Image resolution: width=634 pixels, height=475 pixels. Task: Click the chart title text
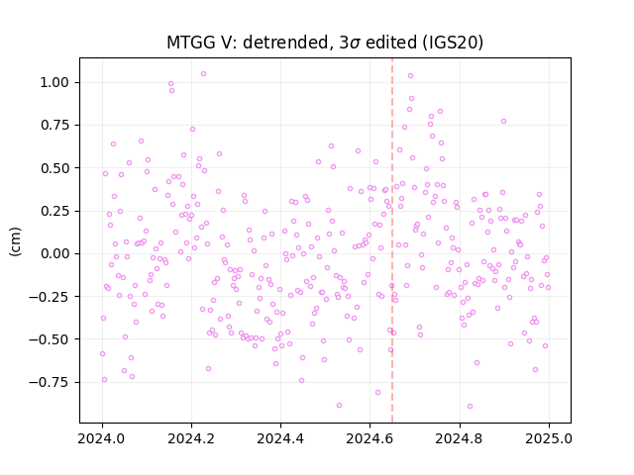coord(325,43)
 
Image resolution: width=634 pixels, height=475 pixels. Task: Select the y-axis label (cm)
coord(15,241)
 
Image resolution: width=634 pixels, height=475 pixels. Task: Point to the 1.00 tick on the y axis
coord(54,82)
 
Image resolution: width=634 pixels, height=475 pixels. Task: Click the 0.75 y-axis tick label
coord(54,126)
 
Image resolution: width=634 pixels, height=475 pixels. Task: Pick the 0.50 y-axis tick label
coord(54,168)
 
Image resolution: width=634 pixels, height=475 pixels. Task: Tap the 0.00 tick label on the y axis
coord(54,253)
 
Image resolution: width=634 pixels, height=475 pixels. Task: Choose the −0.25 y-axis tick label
coord(49,297)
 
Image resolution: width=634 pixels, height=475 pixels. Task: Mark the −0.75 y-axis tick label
coord(49,382)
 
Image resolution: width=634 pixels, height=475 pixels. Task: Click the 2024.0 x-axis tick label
coord(102,438)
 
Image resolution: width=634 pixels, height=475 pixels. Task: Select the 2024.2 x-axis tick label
coord(191,438)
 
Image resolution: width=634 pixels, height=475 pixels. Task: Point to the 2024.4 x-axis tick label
coord(280,438)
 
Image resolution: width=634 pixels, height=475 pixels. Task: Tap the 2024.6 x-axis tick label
coord(370,438)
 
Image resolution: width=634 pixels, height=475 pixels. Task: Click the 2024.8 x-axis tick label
coord(460,438)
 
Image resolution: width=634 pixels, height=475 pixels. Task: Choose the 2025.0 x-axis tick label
coord(549,438)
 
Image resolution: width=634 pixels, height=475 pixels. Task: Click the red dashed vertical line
coord(392,240)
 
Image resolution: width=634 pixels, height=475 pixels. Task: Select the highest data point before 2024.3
coord(203,73)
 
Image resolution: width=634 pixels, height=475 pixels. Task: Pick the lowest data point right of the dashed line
coord(470,406)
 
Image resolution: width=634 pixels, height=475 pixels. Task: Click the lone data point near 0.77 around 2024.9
coord(503,121)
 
